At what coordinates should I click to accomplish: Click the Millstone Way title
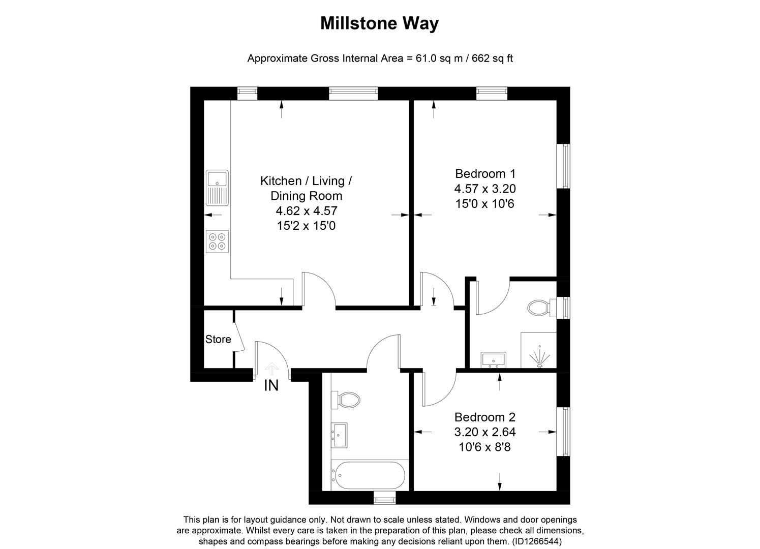379,23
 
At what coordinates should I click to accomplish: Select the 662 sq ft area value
492,58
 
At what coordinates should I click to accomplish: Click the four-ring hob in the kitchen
218,241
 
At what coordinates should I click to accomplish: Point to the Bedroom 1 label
484,173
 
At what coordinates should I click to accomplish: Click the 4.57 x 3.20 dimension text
484,189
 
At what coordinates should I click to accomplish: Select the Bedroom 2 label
484,417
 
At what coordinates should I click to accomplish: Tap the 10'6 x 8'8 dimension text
484,448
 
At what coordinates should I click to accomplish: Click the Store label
218,340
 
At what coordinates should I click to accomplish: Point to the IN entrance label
271,386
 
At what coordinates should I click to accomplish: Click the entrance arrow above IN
272,368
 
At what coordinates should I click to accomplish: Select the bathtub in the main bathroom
368,475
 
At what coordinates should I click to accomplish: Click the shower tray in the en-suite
539,350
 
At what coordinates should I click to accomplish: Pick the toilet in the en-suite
539,308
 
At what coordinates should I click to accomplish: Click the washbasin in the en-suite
493,359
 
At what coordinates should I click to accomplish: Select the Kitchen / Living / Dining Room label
306,188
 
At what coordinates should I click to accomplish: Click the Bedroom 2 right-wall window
563,431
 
